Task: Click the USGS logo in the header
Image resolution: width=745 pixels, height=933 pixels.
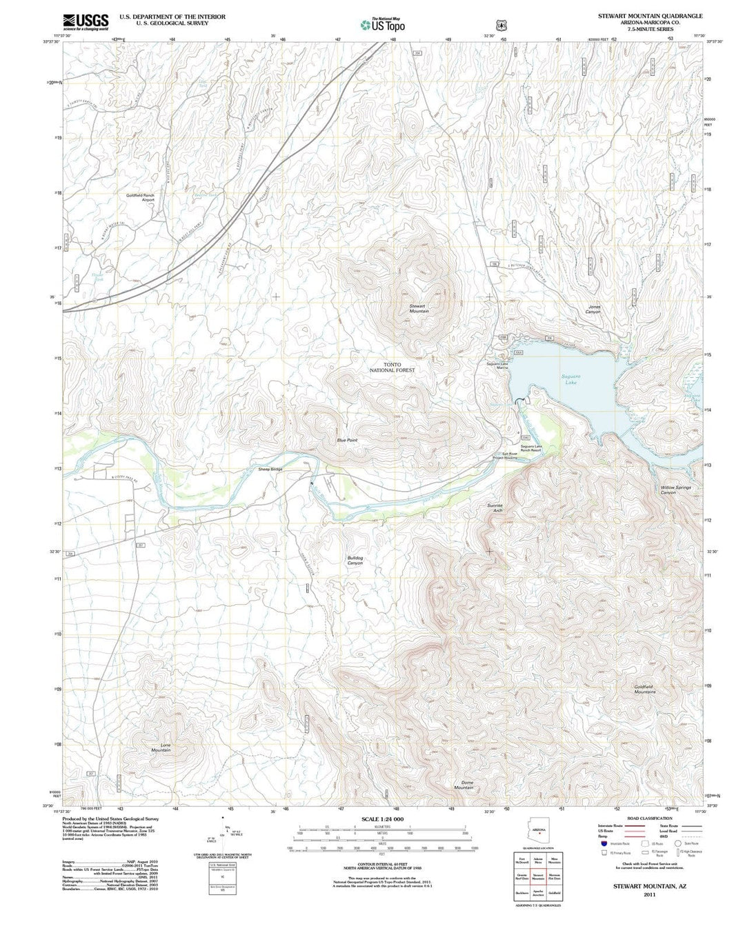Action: coord(86,22)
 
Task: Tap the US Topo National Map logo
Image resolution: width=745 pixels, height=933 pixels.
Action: coord(382,25)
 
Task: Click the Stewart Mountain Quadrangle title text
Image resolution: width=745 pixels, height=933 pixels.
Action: coord(650,15)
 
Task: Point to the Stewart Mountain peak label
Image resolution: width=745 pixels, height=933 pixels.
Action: coord(419,308)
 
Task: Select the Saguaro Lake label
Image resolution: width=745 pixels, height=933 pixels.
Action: coord(570,379)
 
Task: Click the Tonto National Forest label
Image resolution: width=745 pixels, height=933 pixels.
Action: coord(392,368)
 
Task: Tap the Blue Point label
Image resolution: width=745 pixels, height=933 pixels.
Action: coord(347,440)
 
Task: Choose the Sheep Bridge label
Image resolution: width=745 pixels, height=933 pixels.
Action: coord(270,470)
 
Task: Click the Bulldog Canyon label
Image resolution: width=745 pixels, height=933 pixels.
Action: coord(355,561)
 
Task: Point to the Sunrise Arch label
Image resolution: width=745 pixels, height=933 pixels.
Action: coord(495,508)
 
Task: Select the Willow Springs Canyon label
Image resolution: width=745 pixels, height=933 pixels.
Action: coord(675,490)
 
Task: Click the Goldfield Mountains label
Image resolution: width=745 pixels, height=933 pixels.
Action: coord(644,689)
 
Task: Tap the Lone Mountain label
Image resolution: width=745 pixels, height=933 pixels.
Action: coord(161,748)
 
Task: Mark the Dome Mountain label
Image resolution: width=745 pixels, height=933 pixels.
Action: coord(464,785)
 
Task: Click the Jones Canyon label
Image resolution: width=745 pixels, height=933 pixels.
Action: coord(594,310)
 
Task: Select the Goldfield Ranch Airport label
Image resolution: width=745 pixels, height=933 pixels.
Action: coord(140,197)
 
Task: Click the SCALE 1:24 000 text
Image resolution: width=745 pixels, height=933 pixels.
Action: coord(382,819)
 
